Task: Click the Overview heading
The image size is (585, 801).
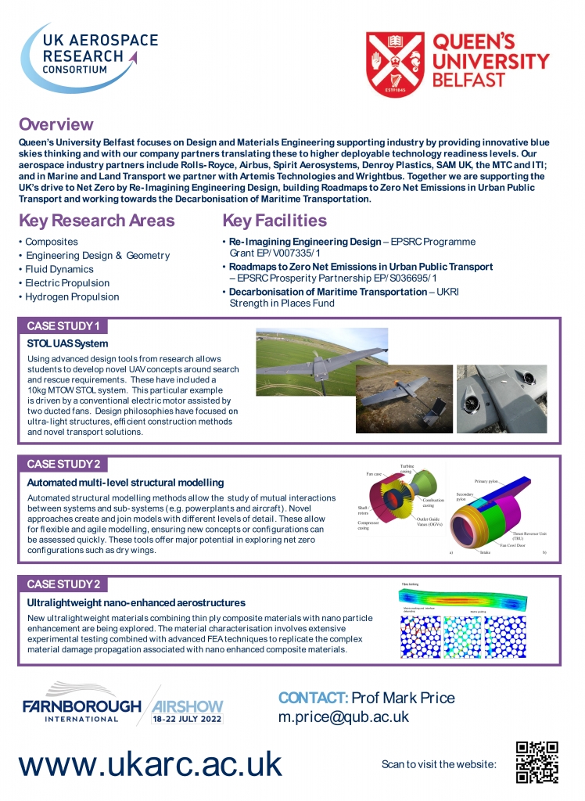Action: (x=56, y=124)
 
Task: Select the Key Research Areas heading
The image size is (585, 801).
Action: (x=96, y=220)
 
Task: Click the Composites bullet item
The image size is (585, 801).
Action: (x=52, y=242)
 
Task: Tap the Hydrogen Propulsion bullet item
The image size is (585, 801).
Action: (x=72, y=296)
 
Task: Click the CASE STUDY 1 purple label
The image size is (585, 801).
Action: (x=63, y=325)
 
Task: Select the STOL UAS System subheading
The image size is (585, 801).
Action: (x=68, y=343)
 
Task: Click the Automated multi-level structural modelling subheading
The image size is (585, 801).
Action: (x=125, y=482)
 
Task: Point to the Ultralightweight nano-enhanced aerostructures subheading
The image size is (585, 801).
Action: (x=136, y=602)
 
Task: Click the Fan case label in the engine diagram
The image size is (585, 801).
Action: (x=374, y=474)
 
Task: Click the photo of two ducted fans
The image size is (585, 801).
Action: (x=496, y=398)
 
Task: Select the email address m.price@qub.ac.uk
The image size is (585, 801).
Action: (x=343, y=717)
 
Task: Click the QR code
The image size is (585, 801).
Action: (x=537, y=762)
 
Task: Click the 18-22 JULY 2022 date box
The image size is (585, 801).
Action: (x=187, y=717)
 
